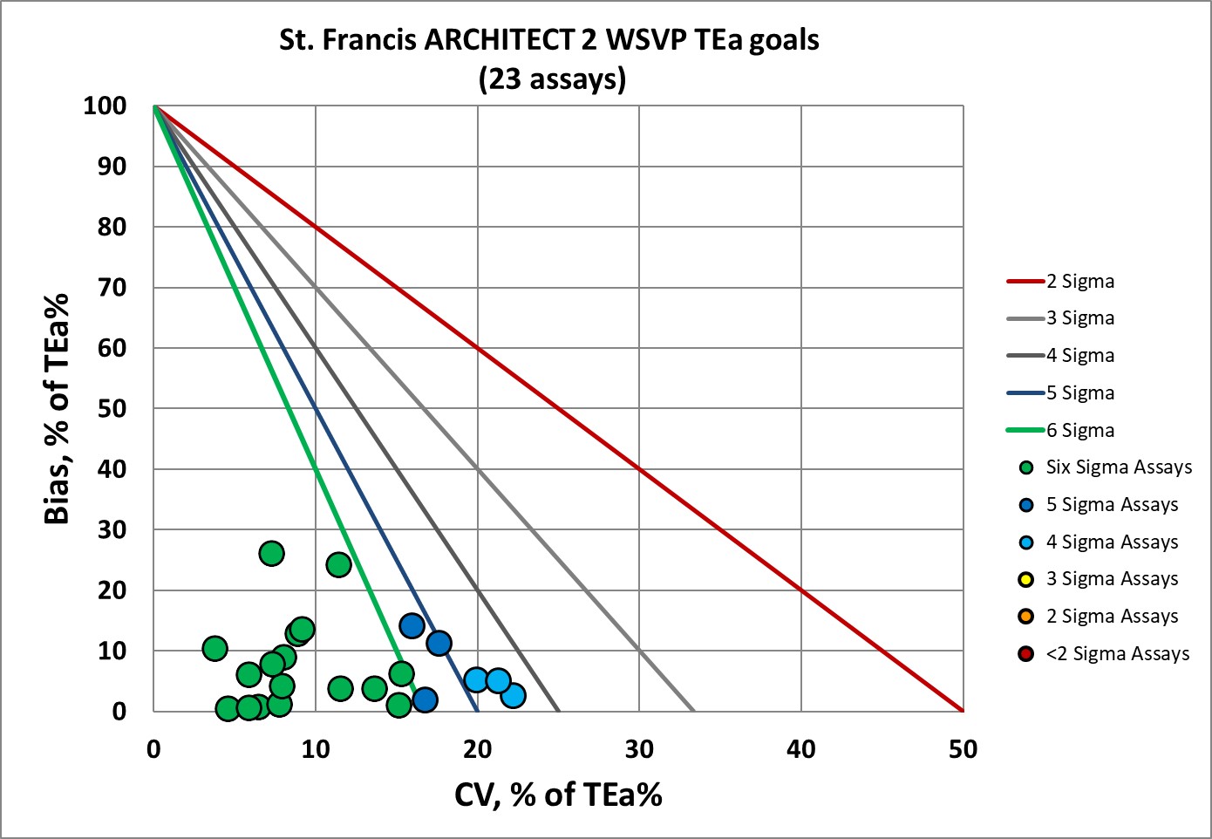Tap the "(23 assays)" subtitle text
pyautogui.click(x=552, y=79)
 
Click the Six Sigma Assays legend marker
pyautogui.click(x=1026, y=467)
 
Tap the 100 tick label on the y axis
pyautogui.click(x=105, y=106)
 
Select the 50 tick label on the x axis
pyautogui.click(x=963, y=749)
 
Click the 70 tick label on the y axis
pyautogui.click(x=112, y=288)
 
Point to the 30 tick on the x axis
pyautogui.click(x=639, y=749)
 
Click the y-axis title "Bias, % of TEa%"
pyautogui.click(x=57, y=408)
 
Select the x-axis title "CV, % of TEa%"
pyautogui.click(x=558, y=795)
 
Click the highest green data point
pyautogui.click(x=271, y=553)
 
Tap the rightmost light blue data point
pyautogui.click(x=513, y=695)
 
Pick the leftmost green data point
pyautogui.click(x=214, y=648)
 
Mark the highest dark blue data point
pyautogui.click(x=412, y=625)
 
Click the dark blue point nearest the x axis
pyautogui.click(x=425, y=699)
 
